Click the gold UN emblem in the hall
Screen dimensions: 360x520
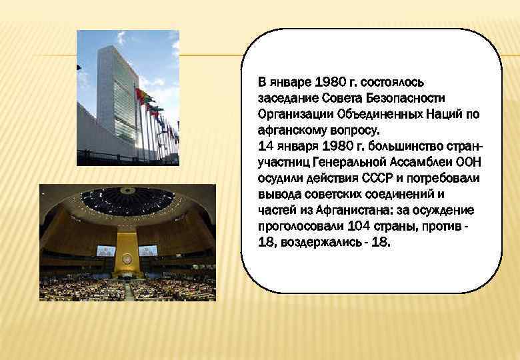click(x=127, y=258)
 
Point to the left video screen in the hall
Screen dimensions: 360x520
click(x=106, y=251)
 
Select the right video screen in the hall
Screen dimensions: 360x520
click(x=148, y=251)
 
